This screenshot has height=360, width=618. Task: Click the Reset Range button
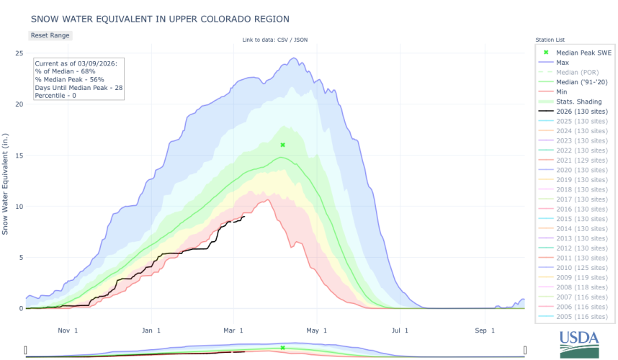point(50,35)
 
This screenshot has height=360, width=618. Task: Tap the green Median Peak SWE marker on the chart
point(283,145)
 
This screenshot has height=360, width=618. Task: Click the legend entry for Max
point(563,63)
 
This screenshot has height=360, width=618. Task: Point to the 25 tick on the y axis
point(19,53)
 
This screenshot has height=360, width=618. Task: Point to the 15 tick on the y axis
point(19,156)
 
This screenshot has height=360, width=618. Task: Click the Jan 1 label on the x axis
point(151,330)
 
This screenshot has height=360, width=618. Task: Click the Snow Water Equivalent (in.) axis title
point(6,183)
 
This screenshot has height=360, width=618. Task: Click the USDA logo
point(578,343)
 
